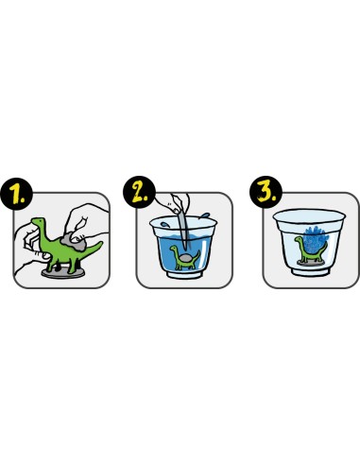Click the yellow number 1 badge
(17, 193)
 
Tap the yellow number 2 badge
(140, 192)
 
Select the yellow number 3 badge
(266, 192)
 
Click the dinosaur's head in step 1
(38, 221)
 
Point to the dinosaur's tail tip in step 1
(101, 243)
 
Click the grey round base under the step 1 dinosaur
(63, 273)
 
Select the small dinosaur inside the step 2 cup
(185, 258)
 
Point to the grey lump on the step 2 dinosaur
(185, 258)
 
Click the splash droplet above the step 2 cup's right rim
(205, 215)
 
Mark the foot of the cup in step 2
(185, 275)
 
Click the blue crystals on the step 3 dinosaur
(315, 240)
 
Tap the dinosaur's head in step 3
(298, 240)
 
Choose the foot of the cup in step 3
(311, 271)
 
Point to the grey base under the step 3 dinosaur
(311, 263)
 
